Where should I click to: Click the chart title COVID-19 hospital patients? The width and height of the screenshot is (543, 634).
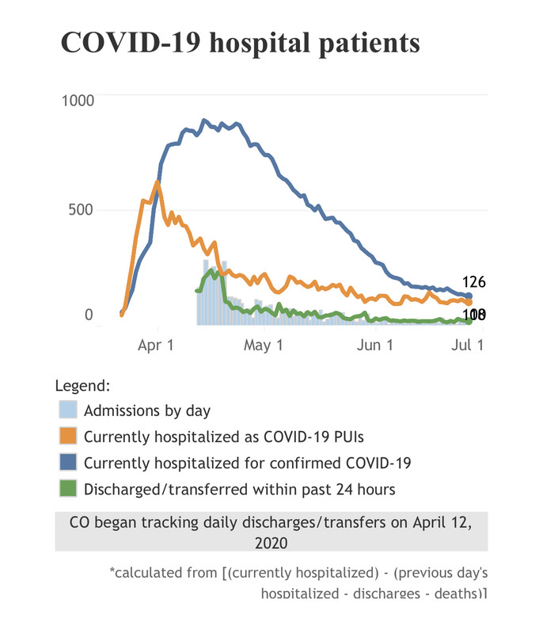point(240,44)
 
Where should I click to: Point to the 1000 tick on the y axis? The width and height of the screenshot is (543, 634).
point(78,101)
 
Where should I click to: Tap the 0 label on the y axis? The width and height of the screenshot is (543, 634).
point(89,315)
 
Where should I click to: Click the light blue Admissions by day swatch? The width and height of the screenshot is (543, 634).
point(68,411)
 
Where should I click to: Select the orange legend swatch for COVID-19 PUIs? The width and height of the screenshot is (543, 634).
point(68,436)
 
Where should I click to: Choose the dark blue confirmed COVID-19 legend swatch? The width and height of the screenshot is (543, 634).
point(68,462)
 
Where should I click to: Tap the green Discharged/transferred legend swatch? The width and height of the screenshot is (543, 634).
point(68,488)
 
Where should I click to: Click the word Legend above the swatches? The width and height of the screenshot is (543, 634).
point(82,386)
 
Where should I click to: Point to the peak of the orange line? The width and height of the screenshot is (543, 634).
point(157,182)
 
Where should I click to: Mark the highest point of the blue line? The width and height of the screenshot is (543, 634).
point(204,120)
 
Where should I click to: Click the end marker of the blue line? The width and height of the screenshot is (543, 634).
point(469,296)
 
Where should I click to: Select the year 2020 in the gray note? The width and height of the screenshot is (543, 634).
point(271,543)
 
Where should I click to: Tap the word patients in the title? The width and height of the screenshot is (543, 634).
point(365,44)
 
